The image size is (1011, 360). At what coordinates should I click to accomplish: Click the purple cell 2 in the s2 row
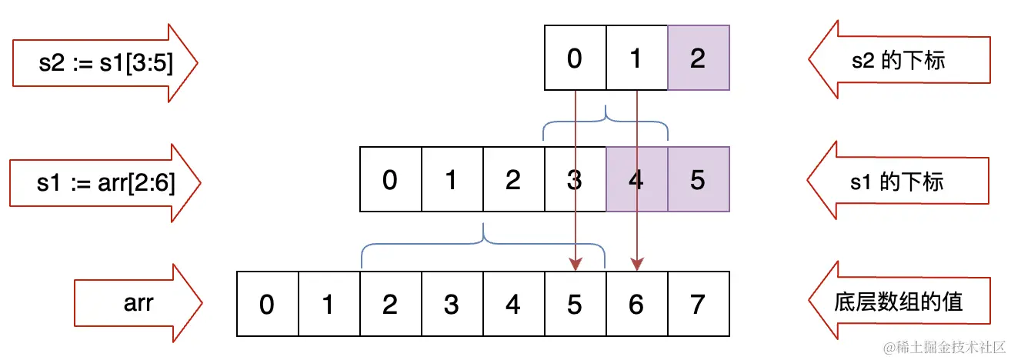pyautogui.click(x=698, y=58)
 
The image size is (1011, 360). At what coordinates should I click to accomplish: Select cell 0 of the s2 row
pyautogui.click(x=575, y=58)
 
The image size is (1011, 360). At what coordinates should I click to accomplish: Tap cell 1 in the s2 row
pyautogui.click(x=636, y=58)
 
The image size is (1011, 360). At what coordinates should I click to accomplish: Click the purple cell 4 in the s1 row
pyautogui.click(x=636, y=179)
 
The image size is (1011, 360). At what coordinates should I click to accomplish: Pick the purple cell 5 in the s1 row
pyautogui.click(x=698, y=179)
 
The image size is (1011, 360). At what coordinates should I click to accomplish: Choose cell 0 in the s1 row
pyautogui.click(x=390, y=179)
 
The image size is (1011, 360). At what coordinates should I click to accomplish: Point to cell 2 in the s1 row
pyautogui.click(x=513, y=179)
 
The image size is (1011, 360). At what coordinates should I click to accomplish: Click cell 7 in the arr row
pyautogui.click(x=698, y=304)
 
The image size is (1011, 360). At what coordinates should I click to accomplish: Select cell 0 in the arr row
pyautogui.click(x=267, y=304)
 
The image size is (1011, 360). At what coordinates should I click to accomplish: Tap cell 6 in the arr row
pyautogui.click(x=636, y=304)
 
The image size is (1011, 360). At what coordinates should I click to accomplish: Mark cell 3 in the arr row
pyautogui.click(x=452, y=304)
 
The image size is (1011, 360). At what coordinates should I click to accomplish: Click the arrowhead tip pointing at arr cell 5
pyautogui.click(x=576, y=269)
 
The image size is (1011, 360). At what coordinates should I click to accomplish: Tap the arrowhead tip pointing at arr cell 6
pyautogui.click(x=637, y=269)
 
